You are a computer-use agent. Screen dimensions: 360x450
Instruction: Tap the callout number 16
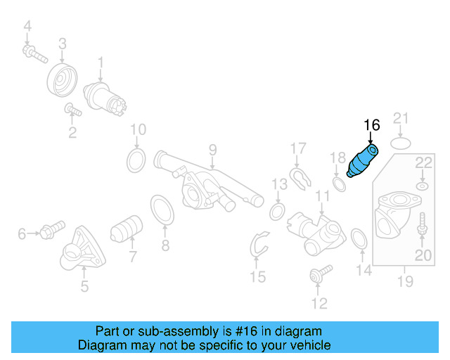click(x=371, y=125)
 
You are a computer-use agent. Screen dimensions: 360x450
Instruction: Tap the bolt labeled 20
click(x=422, y=227)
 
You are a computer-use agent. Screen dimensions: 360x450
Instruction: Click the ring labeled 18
click(x=338, y=184)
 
